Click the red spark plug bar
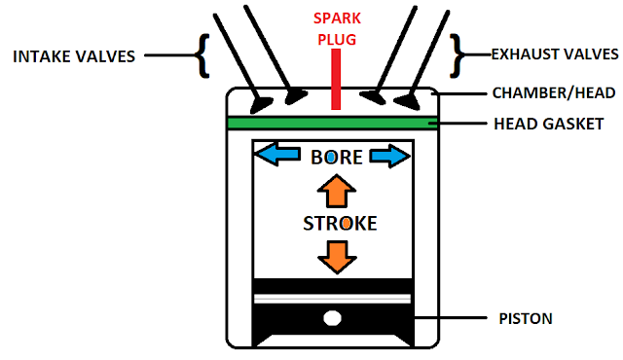click(x=336, y=79)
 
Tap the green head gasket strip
click(x=333, y=124)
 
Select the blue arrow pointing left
click(x=277, y=155)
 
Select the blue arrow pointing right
click(x=389, y=156)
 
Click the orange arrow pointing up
click(x=337, y=191)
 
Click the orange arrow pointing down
click(x=337, y=257)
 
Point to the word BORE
click(x=337, y=158)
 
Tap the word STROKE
click(x=340, y=224)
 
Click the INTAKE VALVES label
click(x=74, y=56)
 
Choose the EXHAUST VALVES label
click(x=555, y=54)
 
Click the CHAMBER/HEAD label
click(x=554, y=92)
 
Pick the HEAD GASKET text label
click(x=549, y=124)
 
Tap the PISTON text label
click(x=526, y=319)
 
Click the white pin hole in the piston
click(x=333, y=318)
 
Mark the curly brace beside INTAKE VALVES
click(x=203, y=55)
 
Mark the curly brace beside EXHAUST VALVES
click(x=457, y=55)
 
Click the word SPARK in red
click(x=337, y=18)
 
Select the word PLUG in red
click(x=337, y=40)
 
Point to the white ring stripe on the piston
click(x=332, y=299)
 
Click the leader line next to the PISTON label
click(x=451, y=318)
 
